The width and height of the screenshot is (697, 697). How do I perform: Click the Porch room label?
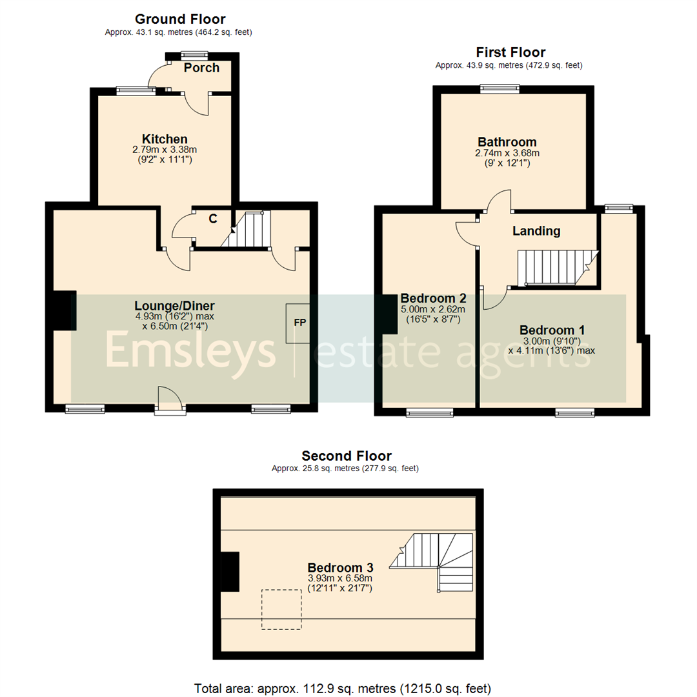tap(201, 68)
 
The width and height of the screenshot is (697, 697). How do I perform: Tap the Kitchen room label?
tap(165, 139)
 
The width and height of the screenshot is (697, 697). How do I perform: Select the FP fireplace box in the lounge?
tap(299, 322)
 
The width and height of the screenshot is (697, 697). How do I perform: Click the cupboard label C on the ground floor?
tap(212, 219)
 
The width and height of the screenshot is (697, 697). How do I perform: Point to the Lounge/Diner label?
tap(174, 305)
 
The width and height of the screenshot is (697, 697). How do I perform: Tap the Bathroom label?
tap(507, 142)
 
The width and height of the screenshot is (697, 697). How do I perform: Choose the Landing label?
tap(536, 230)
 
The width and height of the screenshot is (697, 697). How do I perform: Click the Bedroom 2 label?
tap(433, 298)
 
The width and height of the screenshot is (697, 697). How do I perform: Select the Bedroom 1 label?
tap(552, 330)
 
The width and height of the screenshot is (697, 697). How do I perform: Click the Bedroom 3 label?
tap(340, 567)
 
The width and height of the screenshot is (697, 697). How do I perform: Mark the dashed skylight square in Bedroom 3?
tap(281, 609)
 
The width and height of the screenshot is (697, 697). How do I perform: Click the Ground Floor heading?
tap(179, 19)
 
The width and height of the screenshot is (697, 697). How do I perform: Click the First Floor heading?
tap(510, 52)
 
